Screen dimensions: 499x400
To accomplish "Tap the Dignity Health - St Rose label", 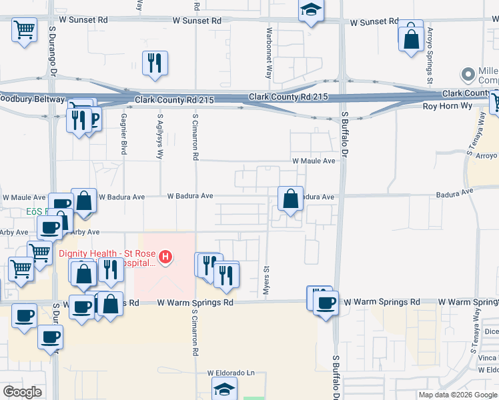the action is [107, 253].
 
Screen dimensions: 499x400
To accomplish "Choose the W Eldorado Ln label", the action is [231, 373].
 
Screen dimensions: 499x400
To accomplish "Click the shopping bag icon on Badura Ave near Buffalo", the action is [291, 199].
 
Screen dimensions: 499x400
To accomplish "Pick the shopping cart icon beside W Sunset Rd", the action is [24, 30].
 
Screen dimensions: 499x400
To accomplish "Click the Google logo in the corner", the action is [23, 392].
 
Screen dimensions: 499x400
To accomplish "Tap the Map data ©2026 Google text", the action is [457, 395].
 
